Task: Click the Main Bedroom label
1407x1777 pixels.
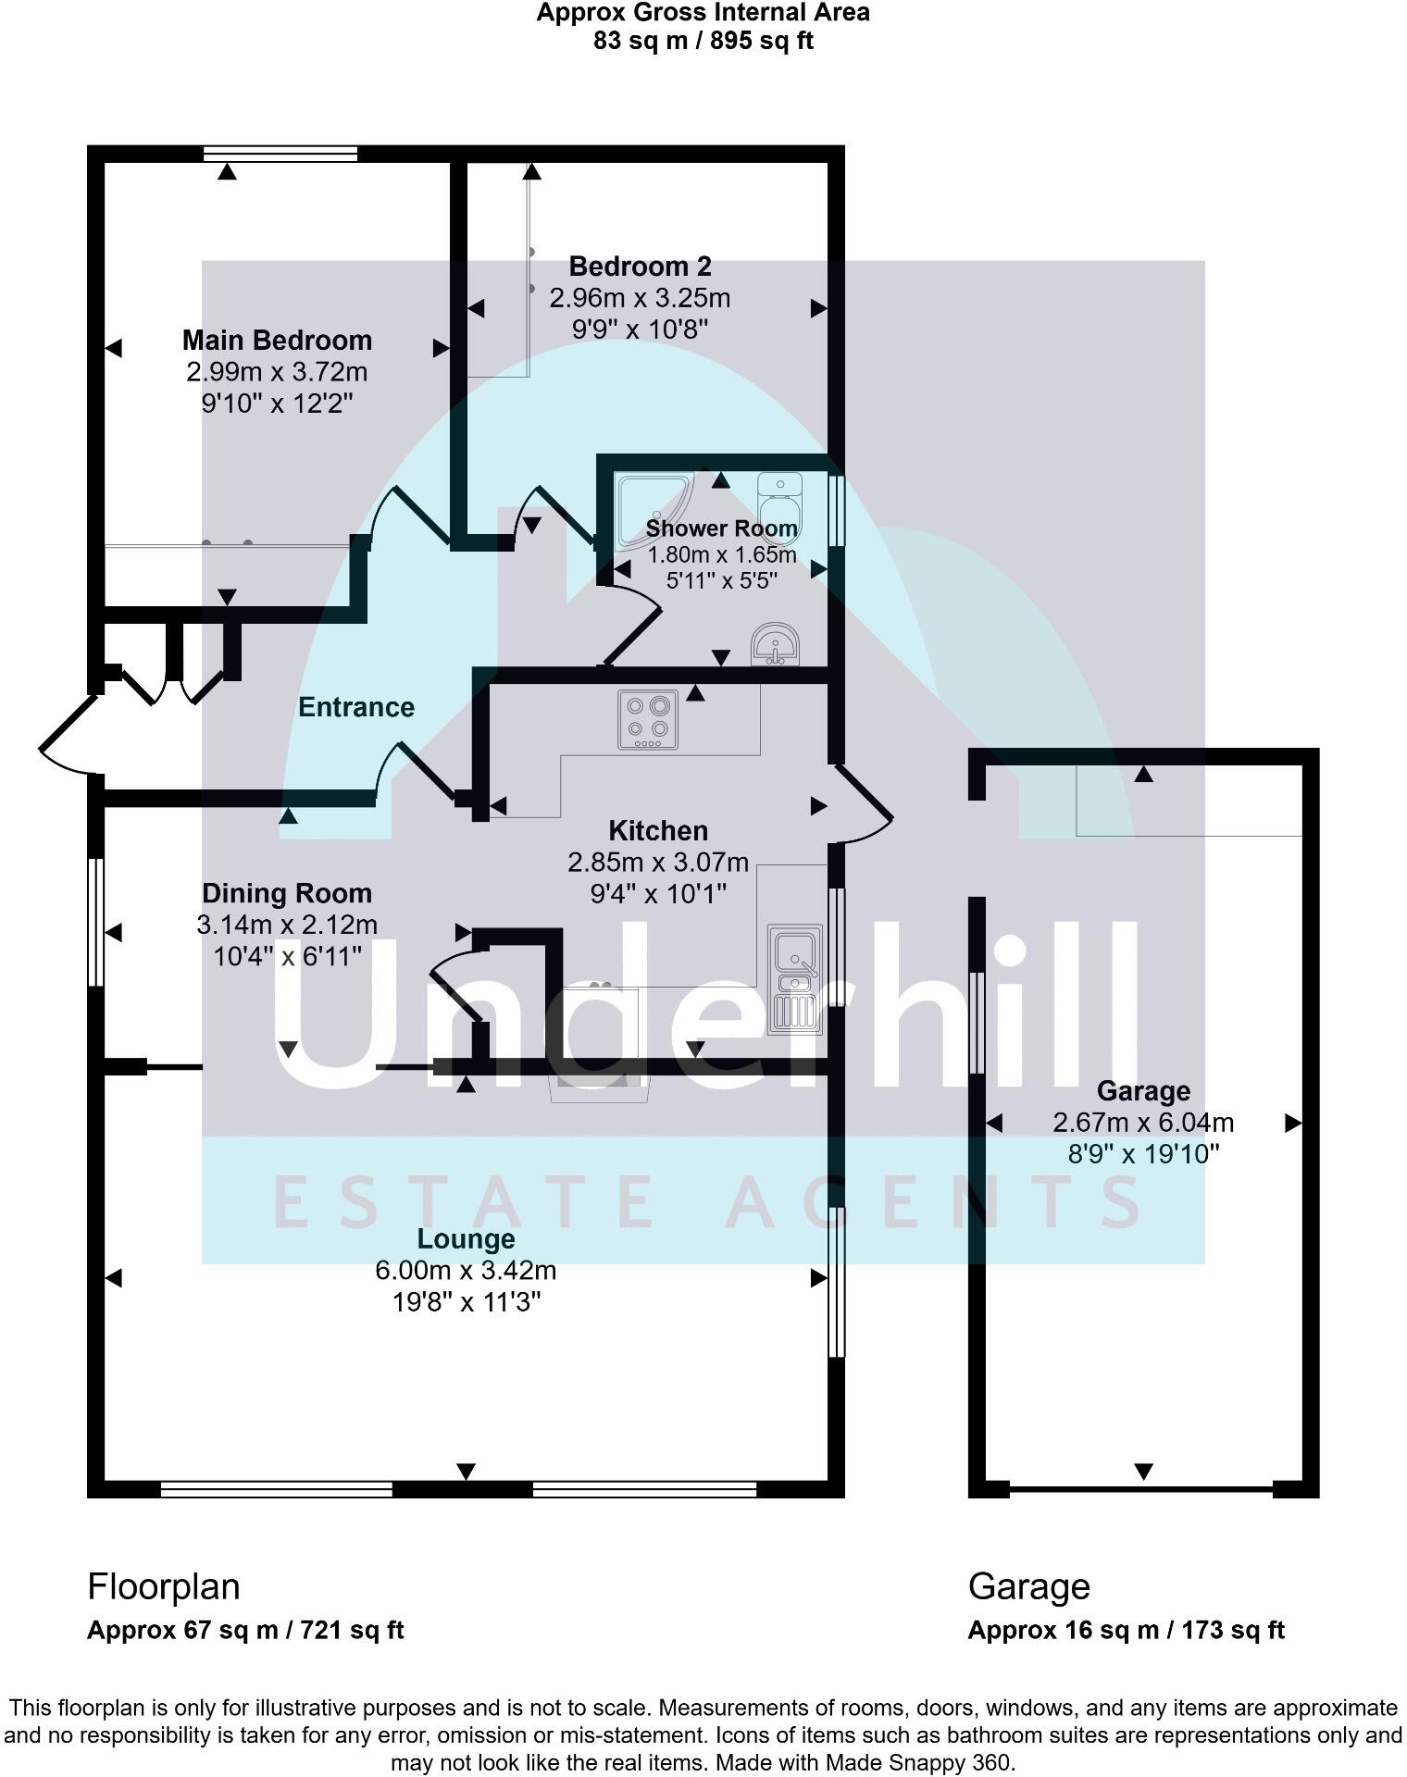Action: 277,341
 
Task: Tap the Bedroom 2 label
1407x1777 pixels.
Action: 640,267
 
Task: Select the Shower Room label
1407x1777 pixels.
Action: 721,528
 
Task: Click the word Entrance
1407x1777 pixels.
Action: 355,707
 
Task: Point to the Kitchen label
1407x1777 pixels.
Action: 658,830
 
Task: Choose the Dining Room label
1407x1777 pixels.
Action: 287,893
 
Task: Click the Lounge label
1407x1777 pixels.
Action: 466,1238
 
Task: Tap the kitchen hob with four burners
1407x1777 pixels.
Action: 648,721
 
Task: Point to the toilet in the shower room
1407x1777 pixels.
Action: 778,500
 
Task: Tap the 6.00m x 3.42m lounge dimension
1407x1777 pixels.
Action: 466,1270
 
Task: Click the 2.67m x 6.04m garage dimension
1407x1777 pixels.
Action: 1143,1123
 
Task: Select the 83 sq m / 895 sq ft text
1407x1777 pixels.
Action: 703,41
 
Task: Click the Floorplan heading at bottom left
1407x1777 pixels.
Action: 164,1586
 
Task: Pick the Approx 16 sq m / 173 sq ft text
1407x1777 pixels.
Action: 1126,1630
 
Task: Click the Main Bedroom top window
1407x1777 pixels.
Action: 280,154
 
